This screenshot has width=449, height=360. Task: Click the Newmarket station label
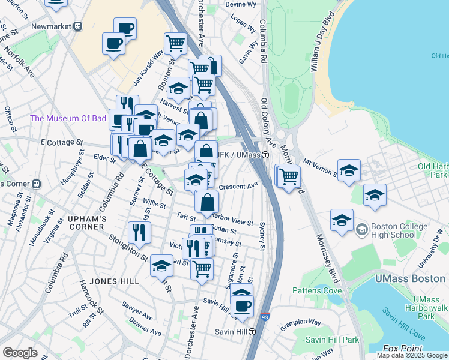pyautogui.click(x=51, y=26)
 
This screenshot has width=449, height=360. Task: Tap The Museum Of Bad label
pyautogui.click(x=68, y=118)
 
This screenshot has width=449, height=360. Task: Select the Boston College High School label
pyautogui.click(x=399, y=230)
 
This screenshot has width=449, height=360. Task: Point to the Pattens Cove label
pyautogui.click(x=316, y=290)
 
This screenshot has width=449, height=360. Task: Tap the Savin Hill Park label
pyautogui.click(x=331, y=340)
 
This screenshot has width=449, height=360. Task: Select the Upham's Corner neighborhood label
pyautogui.click(x=86, y=220)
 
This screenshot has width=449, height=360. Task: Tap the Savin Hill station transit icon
pyautogui.click(x=253, y=332)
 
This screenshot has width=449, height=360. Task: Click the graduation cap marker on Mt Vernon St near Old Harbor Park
pyautogui.click(x=349, y=170)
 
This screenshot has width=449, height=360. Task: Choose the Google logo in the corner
pyautogui.click(x=20, y=353)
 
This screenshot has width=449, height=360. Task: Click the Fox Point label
pyautogui.click(x=399, y=349)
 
